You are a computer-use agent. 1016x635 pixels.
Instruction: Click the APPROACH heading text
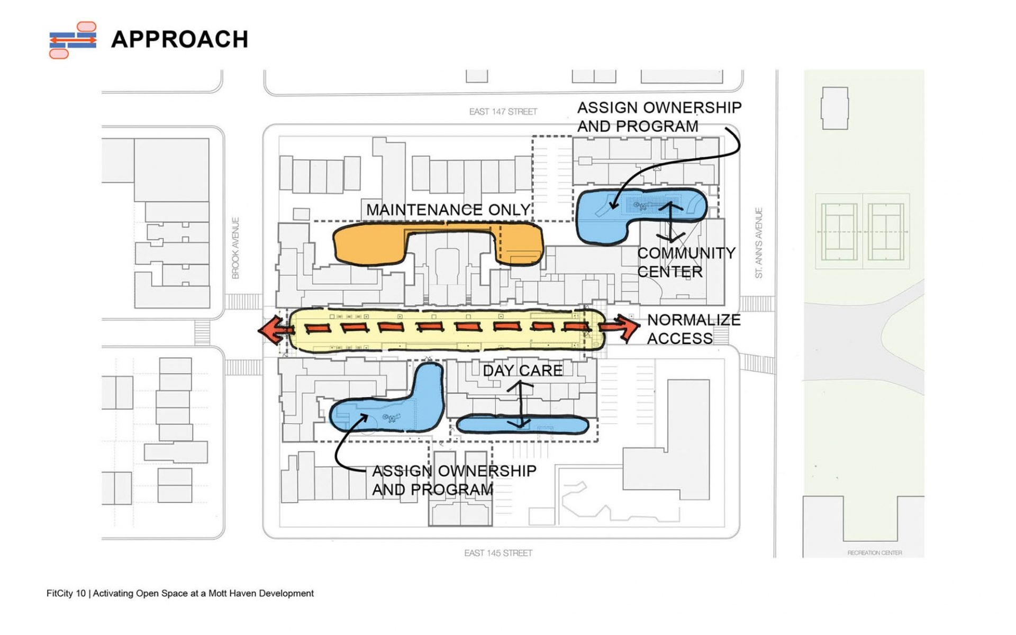click(179, 40)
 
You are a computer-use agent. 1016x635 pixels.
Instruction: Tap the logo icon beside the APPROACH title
click(73, 40)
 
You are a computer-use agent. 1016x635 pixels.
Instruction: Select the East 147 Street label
click(503, 112)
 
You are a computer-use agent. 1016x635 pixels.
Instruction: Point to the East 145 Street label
click(498, 553)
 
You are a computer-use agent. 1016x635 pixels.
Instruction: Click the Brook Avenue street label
click(236, 248)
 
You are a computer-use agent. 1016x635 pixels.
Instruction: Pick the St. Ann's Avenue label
click(759, 243)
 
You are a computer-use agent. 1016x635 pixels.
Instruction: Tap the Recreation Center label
click(874, 552)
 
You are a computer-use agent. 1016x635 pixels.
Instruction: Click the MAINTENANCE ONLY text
click(448, 210)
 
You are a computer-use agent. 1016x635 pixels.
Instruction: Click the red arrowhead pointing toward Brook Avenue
click(272, 330)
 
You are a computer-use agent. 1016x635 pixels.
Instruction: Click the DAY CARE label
click(522, 370)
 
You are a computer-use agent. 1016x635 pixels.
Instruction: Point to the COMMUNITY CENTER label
click(685, 262)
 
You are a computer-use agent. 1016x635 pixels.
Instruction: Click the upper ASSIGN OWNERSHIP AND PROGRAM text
click(659, 117)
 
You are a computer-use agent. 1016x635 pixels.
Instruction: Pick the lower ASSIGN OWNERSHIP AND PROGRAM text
click(453, 480)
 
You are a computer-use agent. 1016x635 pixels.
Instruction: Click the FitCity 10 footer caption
click(180, 593)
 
